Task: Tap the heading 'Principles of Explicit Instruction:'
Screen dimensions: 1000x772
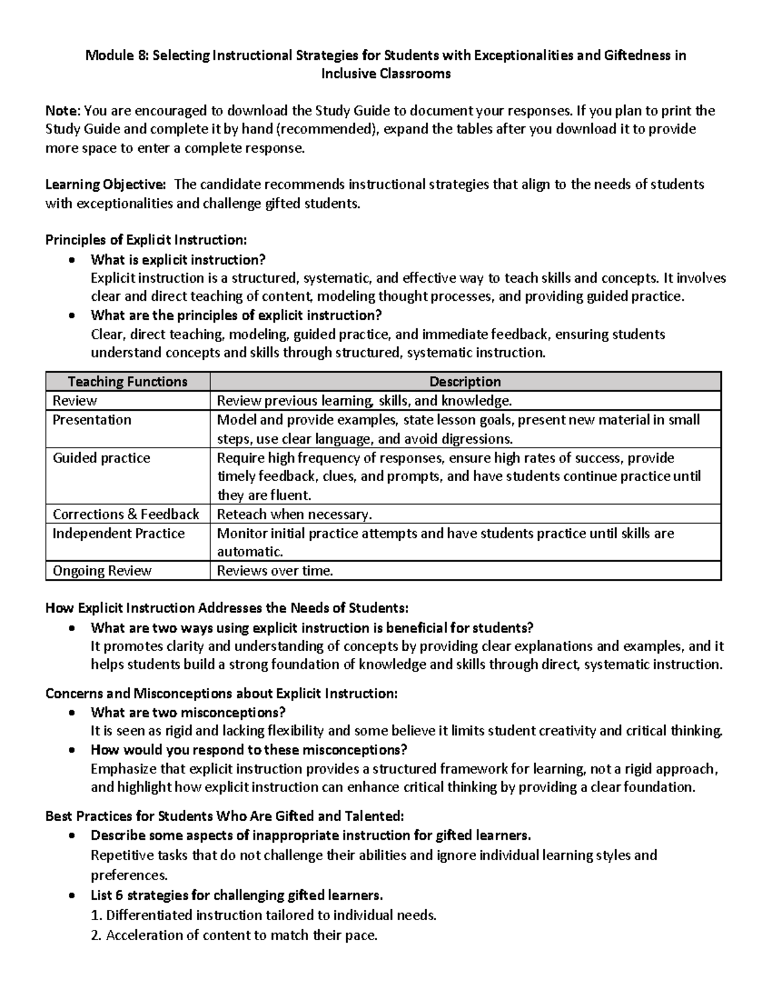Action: [x=145, y=240]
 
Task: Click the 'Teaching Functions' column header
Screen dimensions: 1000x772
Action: [x=127, y=382]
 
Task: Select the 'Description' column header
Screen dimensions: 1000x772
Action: [x=464, y=382]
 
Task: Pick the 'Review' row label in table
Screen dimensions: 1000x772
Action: [x=75, y=401]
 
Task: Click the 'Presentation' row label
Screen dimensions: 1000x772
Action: [x=91, y=420]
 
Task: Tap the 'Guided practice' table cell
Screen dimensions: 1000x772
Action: [x=101, y=458]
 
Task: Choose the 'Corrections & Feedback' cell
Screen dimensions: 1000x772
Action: [x=125, y=514]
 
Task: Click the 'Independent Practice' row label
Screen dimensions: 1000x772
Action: [x=118, y=533]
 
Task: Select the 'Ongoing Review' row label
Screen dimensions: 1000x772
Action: [x=102, y=571]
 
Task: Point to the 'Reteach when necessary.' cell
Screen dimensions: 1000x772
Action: [x=295, y=514]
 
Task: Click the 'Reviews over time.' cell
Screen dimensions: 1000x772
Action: [x=275, y=571]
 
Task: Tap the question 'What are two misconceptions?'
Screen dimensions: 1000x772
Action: [x=188, y=712]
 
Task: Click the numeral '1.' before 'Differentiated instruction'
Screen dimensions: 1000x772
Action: [x=97, y=916]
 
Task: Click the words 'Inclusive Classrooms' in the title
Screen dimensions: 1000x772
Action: [x=386, y=74]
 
